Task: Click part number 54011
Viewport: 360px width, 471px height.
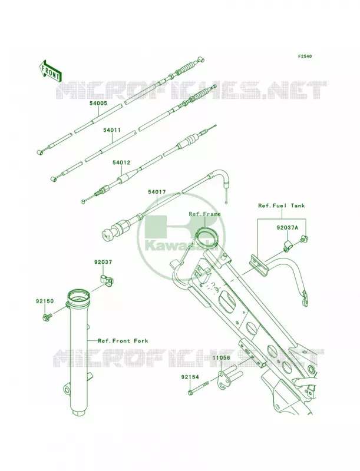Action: point(112,130)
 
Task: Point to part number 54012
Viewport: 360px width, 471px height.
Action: point(121,162)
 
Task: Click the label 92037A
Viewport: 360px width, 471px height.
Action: point(288,228)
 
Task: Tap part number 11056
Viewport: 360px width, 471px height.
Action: point(221,358)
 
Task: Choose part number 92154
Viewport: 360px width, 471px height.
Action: point(190,376)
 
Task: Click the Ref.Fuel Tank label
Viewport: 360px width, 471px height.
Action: point(282,205)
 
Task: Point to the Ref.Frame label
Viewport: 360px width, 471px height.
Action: point(204,214)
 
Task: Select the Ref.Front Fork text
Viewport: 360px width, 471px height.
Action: point(123,341)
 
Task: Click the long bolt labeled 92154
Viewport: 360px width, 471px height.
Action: point(198,387)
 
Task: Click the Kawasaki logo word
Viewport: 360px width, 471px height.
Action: point(181,248)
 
